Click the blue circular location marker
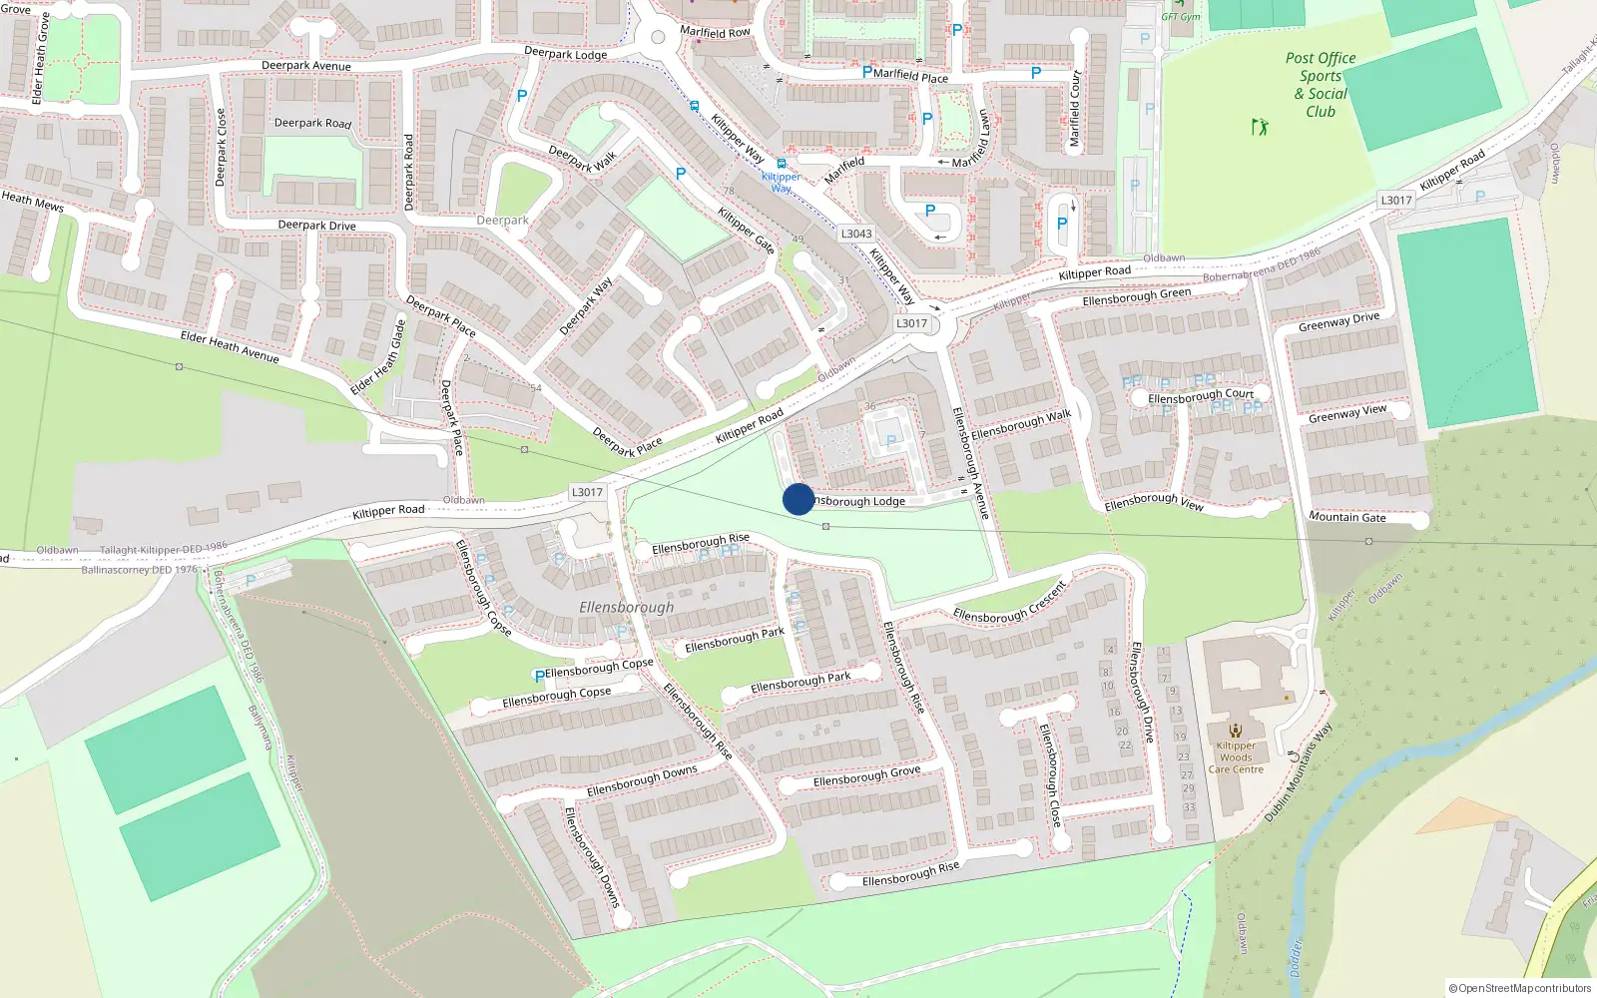[x=798, y=499]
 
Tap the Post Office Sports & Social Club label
[x=1321, y=85]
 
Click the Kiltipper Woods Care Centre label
[x=1236, y=757]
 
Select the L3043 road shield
[x=856, y=234]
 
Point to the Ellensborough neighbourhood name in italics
[x=626, y=607]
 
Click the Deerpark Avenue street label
[x=306, y=66]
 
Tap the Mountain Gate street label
[x=1346, y=517]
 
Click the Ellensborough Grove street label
[x=866, y=775]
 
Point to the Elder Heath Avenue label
[x=230, y=346]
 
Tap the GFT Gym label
[x=1181, y=17]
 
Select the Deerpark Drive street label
[x=316, y=226]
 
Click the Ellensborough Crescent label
[x=1010, y=602]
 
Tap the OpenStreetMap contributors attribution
[x=1520, y=988]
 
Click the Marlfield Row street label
[x=715, y=32]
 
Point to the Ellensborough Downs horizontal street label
[x=642, y=781]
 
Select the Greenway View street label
[x=1346, y=413]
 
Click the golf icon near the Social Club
[x=1260, y=127]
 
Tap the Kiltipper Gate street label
[x=746, y=231]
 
